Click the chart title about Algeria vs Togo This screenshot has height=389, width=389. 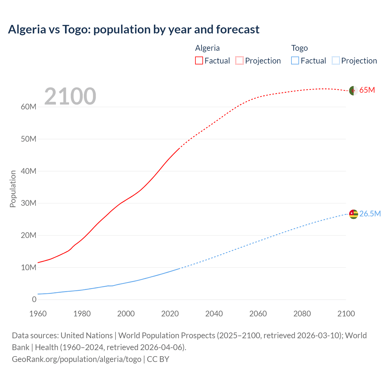[134, 29]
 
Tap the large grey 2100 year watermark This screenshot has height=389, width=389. [70, 96]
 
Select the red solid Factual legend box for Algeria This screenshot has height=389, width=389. [199, 60]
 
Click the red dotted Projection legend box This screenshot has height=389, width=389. [239, 60]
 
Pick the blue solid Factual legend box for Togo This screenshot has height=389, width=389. [295, 60]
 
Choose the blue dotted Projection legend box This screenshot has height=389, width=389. [336, 60]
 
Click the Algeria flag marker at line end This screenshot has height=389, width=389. [353, 91]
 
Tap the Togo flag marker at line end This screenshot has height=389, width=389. [353, 214]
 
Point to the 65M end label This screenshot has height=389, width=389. [367, 90]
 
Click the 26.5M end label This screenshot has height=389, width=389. [370, 214]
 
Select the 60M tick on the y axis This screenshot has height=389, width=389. [29, 107]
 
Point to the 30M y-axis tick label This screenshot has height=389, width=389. [29, 203]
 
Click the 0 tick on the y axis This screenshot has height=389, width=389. [34, 299]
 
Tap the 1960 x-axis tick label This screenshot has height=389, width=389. [38, 314]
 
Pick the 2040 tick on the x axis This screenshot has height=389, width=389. [214, 314]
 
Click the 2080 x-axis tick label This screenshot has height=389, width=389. [302, 314]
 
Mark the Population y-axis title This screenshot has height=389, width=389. [13, 189]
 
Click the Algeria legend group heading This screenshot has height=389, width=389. [207, 48]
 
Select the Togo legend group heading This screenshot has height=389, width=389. [299, 48]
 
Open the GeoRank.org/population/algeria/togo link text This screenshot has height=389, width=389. [77, 359]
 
